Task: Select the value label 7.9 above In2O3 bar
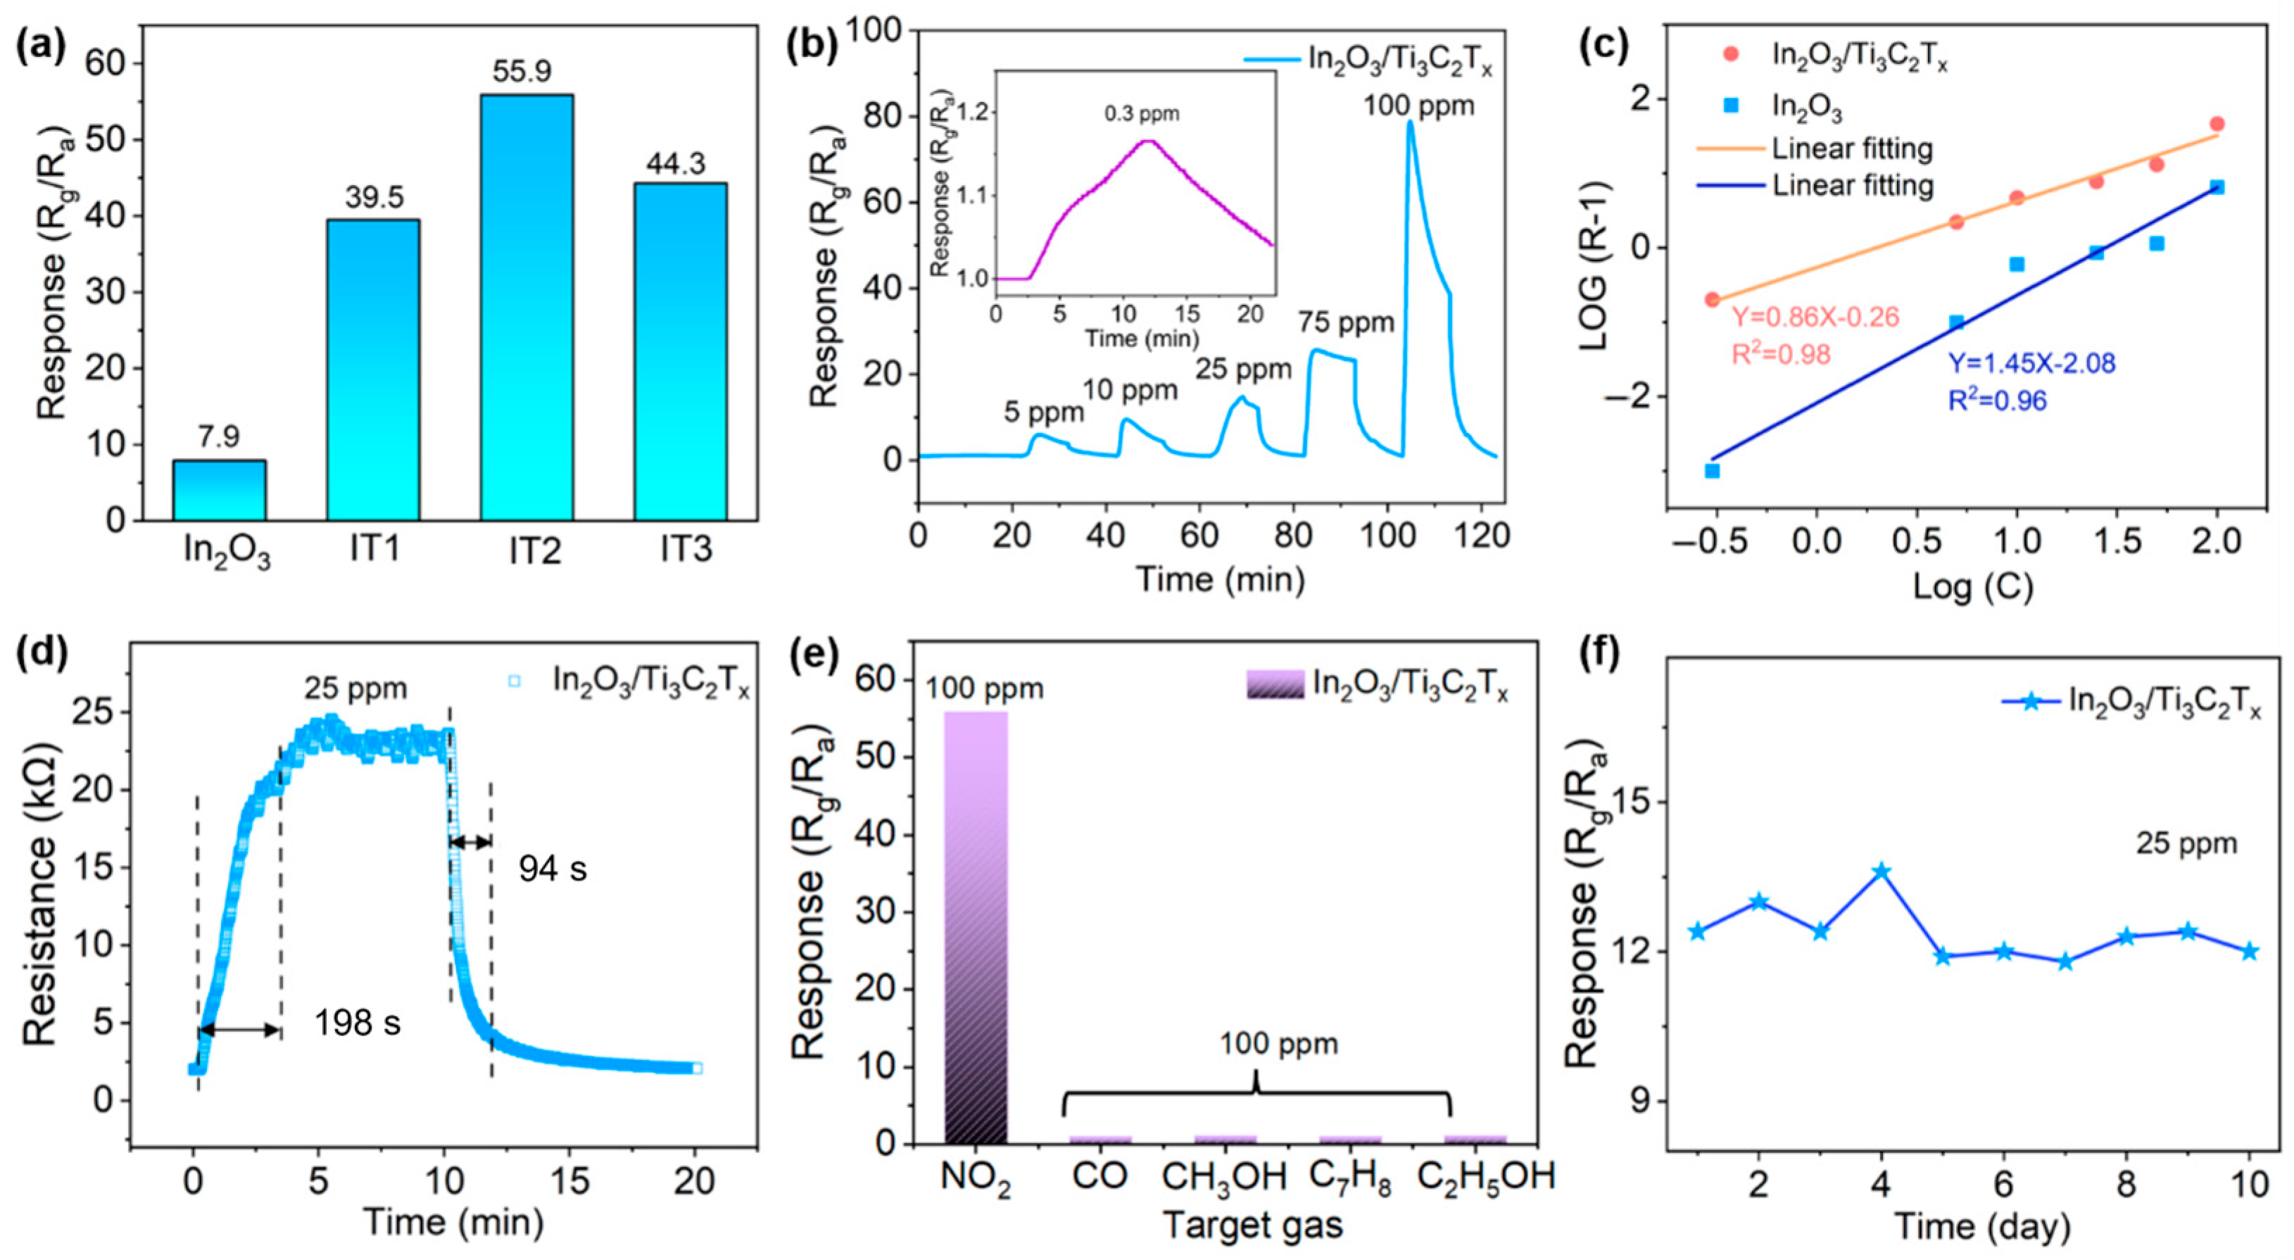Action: coord(218,437)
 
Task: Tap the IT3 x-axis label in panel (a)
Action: coord(686,550)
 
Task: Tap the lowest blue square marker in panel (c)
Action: coord(1712,470)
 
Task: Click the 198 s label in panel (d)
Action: coord(357,1023)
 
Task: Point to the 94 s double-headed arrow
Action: coord(470,841)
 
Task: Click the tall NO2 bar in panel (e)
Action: coord(976,926)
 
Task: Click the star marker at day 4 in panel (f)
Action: coord(1881,871)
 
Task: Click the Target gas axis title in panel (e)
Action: coord(1253,1226)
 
